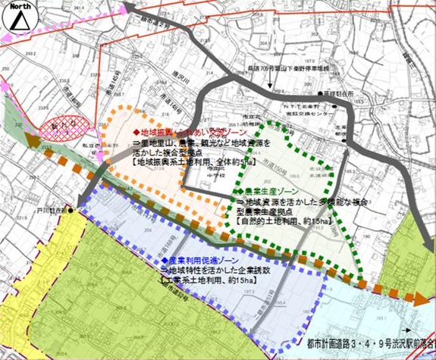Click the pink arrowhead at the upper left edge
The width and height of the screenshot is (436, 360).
(6, 86)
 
